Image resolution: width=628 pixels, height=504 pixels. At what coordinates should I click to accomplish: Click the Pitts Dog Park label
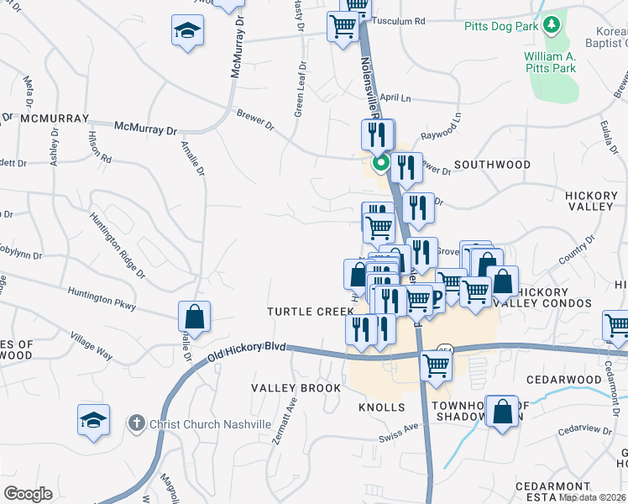[500, 26]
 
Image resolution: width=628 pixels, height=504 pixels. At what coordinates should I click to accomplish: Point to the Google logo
[28, 494]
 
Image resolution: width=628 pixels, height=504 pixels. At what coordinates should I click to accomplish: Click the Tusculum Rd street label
[399, 20]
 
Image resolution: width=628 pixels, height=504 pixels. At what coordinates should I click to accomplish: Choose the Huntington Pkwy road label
[103, 300]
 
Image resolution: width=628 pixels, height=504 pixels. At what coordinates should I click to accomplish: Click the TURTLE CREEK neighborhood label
[311, 312]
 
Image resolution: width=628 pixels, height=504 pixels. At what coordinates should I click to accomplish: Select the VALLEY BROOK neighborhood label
[296, 388]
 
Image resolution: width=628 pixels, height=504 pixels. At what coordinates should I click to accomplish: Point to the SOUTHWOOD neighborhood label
[492, 165]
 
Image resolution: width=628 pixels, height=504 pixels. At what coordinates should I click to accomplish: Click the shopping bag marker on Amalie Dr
[194, 318]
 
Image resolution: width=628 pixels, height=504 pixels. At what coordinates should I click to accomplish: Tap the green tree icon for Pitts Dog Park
[552, 25]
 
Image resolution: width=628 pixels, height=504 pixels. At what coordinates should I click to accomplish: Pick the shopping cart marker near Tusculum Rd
[343, 28]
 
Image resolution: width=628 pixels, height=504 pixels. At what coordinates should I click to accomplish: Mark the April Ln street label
[395, 97]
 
